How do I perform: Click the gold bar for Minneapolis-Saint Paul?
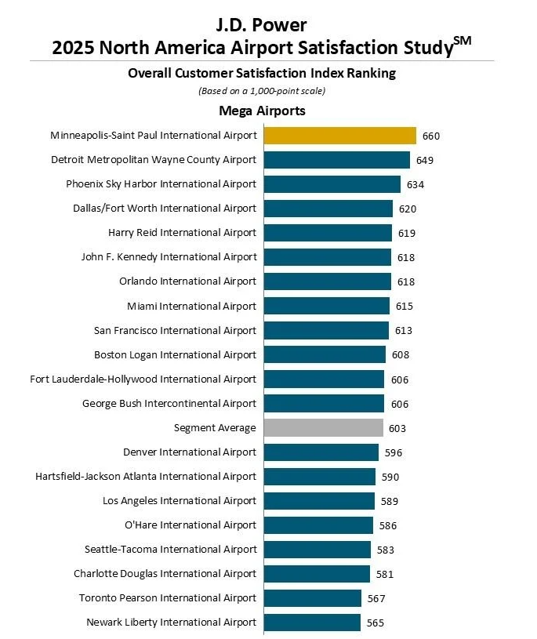(x=339, y=136)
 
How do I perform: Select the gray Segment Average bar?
(x=323, y=427)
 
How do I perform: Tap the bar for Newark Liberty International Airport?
(x=312, y=623)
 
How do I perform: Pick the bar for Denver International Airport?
(x=321, y=452)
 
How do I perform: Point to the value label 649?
(x=425, y=160)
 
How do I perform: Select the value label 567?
(x=377, y=598)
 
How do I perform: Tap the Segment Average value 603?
(x=397, y=428)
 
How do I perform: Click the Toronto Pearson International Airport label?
(x=168, y=598)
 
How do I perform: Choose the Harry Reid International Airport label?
(x=182, y=233)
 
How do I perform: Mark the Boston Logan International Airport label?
(x=175, y=354)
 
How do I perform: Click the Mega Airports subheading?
(x=262, y=111)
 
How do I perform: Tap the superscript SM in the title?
(x=463, y=40)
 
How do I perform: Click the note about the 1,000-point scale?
(x=262, y=91)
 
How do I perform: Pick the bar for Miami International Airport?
(x=326, y=306)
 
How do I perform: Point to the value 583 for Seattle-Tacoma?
(x=384, y=550)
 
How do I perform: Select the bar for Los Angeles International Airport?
(x=319, y=501)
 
